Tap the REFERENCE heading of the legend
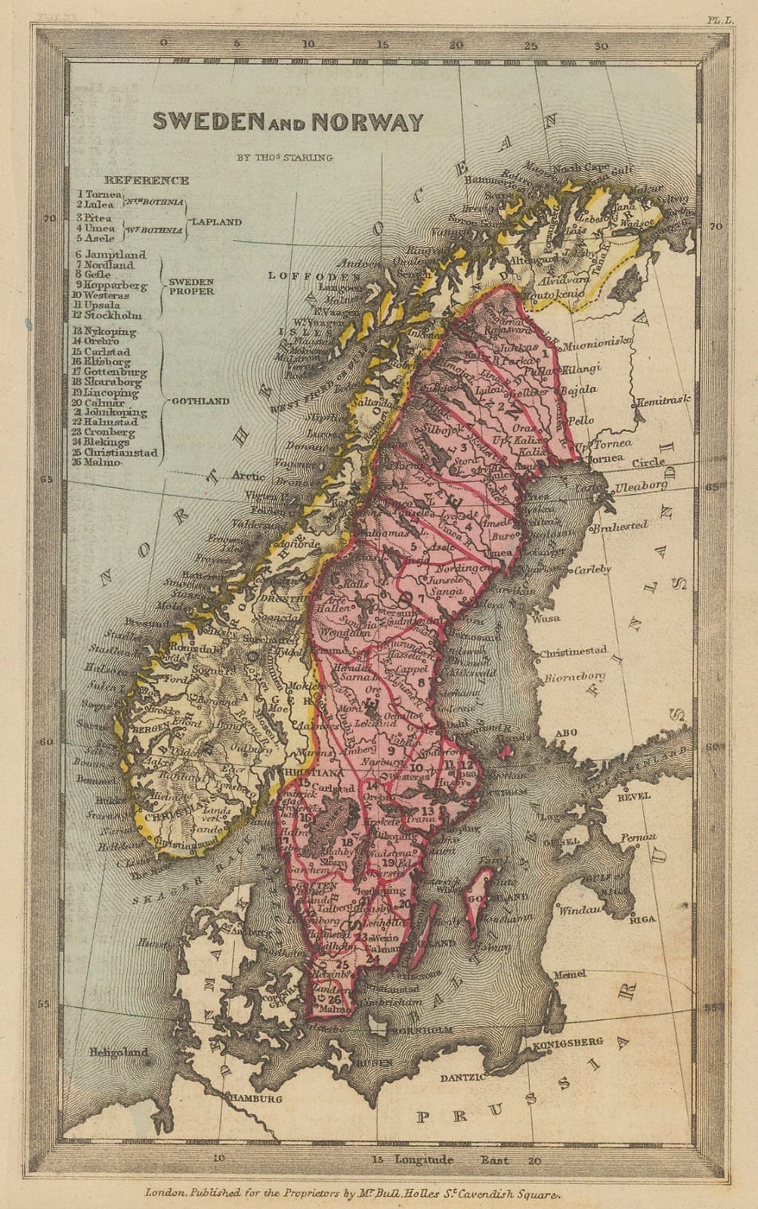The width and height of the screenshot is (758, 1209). (x=147, y=181)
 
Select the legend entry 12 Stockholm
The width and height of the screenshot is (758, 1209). (x=107, y=315)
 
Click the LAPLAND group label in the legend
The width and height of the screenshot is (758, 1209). (x=217, y=222)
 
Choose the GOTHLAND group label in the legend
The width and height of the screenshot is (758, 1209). (x=200, y=401)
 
